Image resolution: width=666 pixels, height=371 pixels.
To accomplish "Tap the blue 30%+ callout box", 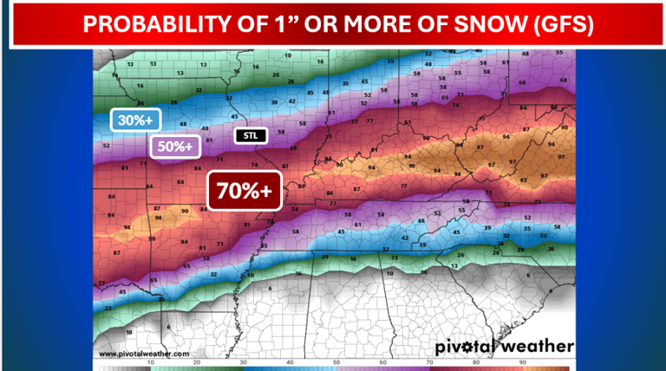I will (x=132, y=121).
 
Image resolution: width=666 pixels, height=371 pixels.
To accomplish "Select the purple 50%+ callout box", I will (x=173, y=146).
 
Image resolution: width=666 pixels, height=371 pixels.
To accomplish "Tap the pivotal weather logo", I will (x=503, y=347).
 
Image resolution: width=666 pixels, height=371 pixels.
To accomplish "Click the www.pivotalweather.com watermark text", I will (x=144, y=354).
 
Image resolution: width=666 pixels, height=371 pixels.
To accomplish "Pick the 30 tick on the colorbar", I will (x=243, y=362).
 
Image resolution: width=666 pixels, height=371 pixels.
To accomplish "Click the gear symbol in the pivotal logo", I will (x=476, y=347).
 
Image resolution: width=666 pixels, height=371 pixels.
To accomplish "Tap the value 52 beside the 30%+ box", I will (x=106, y=146).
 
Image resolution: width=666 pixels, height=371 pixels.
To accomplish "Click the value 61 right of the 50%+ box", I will (x=210, y=140).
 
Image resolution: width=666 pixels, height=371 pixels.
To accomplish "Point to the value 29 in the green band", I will (x=520, y=249).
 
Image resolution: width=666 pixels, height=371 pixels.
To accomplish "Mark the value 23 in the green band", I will (x=108, y=307).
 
